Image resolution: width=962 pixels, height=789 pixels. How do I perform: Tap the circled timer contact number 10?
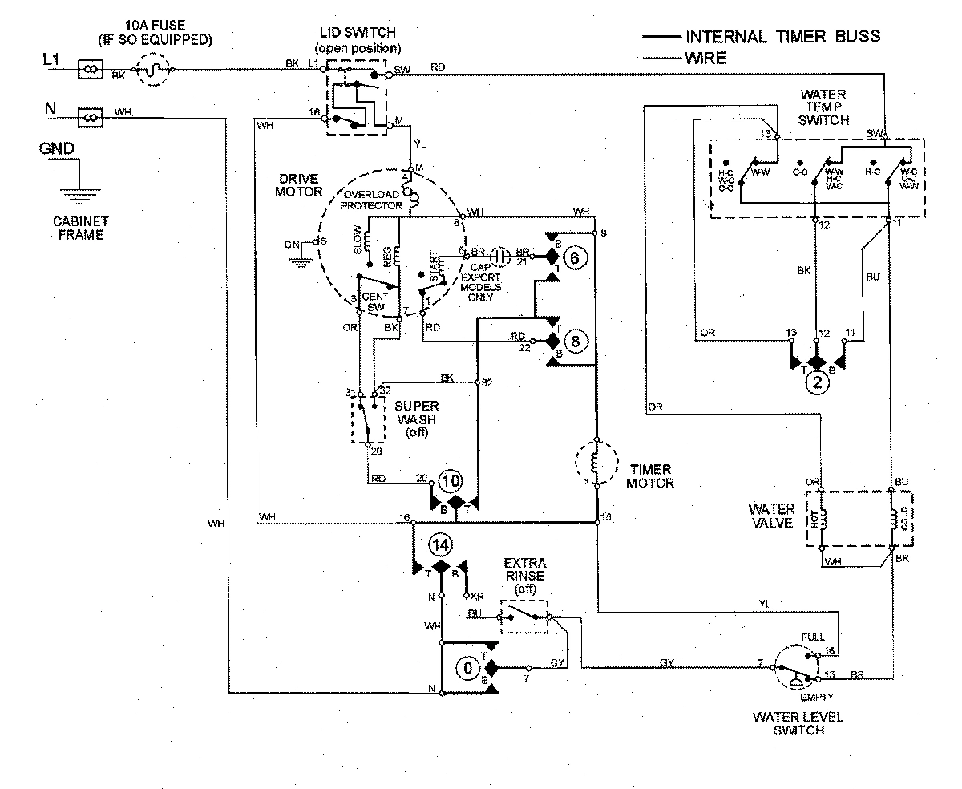point(451,481)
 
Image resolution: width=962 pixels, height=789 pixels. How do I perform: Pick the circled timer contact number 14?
point(439,545)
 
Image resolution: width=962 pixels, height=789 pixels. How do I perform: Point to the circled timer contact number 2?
point(818,383)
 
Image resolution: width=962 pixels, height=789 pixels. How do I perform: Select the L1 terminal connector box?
point(90,71)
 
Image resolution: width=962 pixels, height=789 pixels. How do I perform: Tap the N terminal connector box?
point(90,119)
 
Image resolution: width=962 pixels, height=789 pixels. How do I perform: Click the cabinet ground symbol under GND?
point(78,192)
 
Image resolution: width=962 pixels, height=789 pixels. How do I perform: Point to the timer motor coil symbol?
point(596,463)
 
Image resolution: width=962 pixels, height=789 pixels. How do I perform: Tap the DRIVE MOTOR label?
point(300,184)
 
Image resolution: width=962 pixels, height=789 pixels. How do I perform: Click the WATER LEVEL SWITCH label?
point(797,722)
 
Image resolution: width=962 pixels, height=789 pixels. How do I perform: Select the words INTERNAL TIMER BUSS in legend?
point(782,36)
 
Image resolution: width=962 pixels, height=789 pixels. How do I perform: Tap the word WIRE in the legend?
point(705,58)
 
